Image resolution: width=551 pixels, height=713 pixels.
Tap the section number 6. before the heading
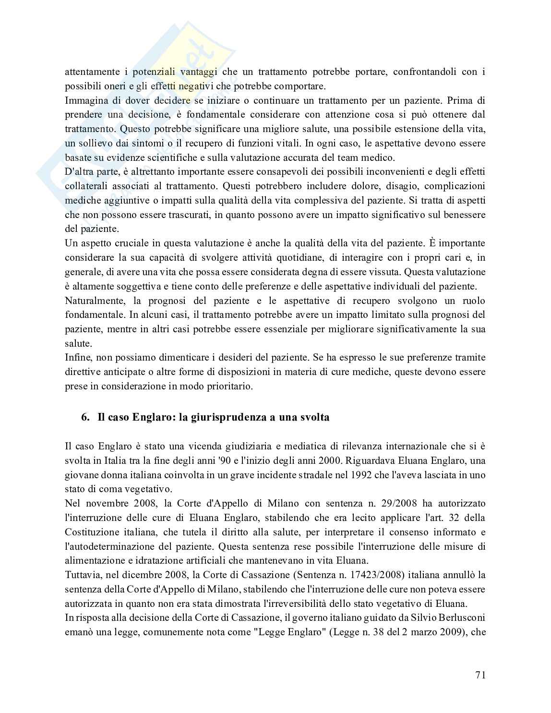(85, 417)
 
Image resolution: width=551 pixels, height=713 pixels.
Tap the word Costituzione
(91, 532)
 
